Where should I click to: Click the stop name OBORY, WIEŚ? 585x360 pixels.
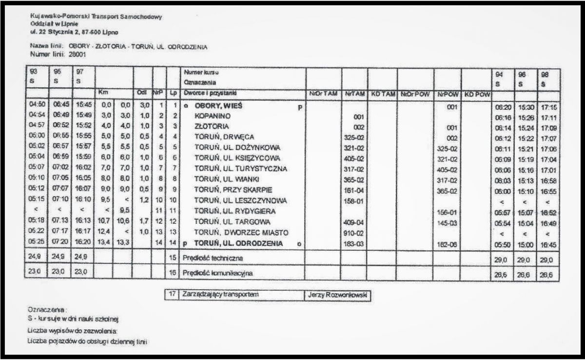coord(218,105)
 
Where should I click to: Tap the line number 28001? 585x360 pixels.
coord(78,54)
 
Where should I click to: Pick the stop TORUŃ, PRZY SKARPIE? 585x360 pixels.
coord(233,189)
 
